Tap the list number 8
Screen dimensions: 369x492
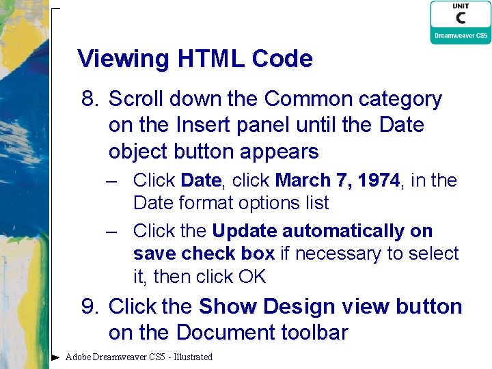point(90,100)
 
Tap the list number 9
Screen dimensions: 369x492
point(90,307)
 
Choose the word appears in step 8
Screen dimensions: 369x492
point(284,152)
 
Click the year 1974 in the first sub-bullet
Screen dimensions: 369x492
point(377,180)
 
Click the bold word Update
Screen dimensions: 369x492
point(245,231)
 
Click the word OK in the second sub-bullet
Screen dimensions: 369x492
point(251,277)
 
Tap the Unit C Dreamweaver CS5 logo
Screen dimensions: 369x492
point(460,23)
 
